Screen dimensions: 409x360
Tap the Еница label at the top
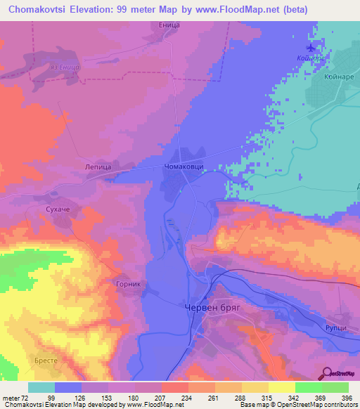[x=169, y=25]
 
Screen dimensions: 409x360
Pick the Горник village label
[x=129, y=285]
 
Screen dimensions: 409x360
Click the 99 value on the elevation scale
[x=70, y=398]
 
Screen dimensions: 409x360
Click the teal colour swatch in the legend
[x=42, y=387]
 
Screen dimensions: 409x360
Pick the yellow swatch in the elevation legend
[x=255, y=387]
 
